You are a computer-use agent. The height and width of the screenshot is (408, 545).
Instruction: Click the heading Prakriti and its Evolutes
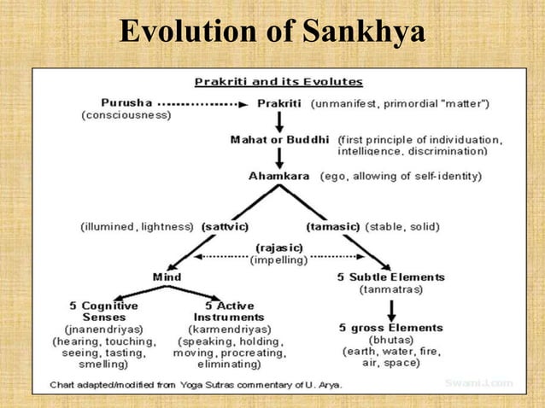pos(278,83)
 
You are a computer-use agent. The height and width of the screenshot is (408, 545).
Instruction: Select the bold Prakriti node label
pos(280,103)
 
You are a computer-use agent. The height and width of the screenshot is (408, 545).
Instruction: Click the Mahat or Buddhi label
pos(281,138)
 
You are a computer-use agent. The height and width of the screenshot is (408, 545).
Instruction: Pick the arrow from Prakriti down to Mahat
pos(280,120)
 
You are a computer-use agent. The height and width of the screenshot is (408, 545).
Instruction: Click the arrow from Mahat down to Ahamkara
pos(280,158)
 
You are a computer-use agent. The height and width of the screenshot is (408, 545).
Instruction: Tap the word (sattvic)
pos(225,227)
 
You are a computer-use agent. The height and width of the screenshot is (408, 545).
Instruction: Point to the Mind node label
pos(167,277)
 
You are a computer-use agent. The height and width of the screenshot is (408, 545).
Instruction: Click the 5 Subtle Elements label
pos(391,277)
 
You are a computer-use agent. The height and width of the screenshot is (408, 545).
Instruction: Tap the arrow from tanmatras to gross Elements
pos(391,309)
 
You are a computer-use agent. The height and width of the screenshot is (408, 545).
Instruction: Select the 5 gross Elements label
pos(391,328)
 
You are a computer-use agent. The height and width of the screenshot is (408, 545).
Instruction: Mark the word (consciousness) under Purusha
pos(126,115)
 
